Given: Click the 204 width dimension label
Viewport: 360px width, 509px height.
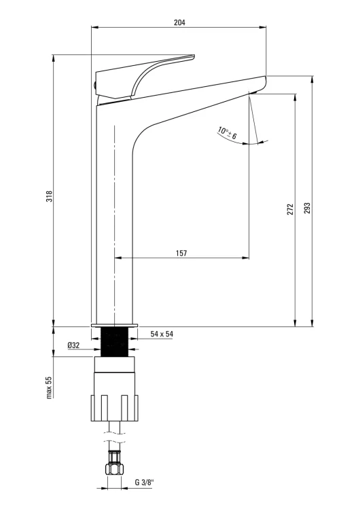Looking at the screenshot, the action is coord(179,22).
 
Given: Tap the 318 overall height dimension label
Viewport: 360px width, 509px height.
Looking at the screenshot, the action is coord(49,196).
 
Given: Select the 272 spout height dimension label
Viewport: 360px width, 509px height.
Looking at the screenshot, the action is coord(290,209).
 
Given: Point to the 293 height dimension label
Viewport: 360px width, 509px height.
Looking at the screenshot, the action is coord(307,208).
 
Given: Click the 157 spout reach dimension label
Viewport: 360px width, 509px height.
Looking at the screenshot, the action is coord(181,253).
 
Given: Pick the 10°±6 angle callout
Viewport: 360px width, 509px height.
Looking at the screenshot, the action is coord(228,134).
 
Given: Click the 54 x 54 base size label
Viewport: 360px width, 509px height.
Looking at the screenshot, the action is coord(162,334).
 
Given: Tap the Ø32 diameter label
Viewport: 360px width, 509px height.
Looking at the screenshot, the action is coord(73,345).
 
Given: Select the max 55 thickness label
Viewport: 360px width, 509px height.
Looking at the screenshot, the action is coord(49,388).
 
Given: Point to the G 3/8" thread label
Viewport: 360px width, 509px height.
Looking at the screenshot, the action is coord(145,482).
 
